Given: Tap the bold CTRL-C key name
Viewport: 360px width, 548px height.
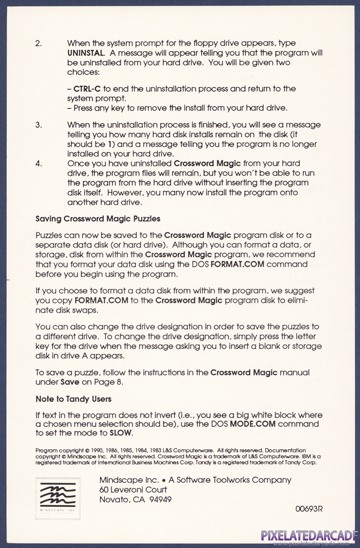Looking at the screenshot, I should point(87,89).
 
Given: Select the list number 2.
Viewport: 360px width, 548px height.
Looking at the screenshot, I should point(38,43).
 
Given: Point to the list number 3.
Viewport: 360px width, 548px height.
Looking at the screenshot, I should point(38,125).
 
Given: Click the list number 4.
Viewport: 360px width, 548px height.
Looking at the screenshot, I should point(38,163).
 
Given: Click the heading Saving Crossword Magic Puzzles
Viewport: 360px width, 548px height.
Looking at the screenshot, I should point(98,219).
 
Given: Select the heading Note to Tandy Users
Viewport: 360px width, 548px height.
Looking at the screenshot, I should point(73,399).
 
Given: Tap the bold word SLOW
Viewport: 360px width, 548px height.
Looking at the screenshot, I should point(120,433).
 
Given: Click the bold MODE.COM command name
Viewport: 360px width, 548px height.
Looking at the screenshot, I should point(252,424).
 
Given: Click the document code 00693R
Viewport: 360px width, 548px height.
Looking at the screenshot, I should point(309,509).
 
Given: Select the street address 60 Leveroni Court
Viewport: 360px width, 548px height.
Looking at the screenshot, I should point(133,490).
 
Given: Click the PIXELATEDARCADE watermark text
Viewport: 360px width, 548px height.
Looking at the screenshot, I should point(309,536).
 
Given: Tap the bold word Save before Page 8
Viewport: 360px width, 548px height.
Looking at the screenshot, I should point(70,382).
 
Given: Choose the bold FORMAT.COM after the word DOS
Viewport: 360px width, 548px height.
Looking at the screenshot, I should point(238,264).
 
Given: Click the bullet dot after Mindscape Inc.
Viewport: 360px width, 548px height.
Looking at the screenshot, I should point(163,480).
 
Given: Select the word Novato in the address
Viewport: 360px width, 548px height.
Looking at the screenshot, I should point(113,500).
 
